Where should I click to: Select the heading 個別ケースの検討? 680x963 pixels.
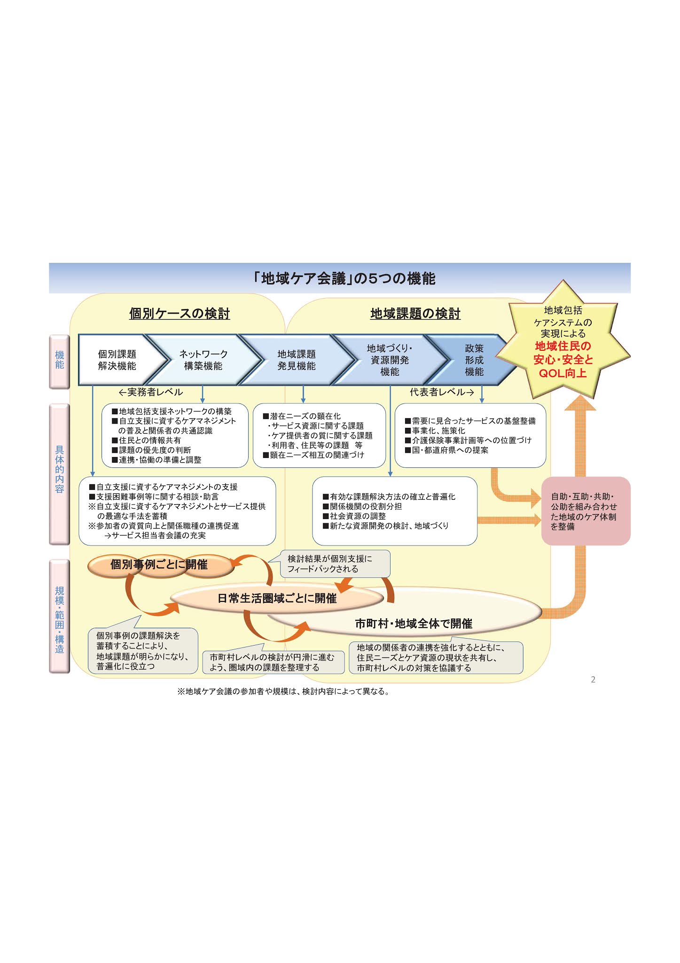(x=180, y=314)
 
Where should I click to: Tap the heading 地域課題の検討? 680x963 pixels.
(x=415, y=314)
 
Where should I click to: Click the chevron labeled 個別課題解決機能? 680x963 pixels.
(x=117, y=360)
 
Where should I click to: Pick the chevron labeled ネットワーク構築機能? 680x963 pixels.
(x=203, y=360)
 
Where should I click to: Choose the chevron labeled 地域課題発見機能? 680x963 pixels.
(x=297, y=360)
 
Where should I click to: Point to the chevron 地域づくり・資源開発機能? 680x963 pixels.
(x=390, y=360)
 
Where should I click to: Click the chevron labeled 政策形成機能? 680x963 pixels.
(x=474, y=360)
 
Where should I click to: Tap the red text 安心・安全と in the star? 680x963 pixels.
(x=563, y=360)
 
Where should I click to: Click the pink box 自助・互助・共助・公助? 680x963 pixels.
(x=585, y=512)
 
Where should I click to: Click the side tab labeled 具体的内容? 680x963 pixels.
(x=60, y=470)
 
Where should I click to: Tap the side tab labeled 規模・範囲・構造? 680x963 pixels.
(x=60, y=616)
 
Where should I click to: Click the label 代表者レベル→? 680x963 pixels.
(x=442, y=392)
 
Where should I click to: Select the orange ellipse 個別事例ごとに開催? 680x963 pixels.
(x=159, y=565)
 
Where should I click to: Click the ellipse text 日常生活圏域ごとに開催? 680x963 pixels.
(x=277, y=599)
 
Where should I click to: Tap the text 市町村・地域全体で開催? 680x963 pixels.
(x=414, y=624)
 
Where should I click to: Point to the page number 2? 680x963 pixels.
(x=593, y=679)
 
